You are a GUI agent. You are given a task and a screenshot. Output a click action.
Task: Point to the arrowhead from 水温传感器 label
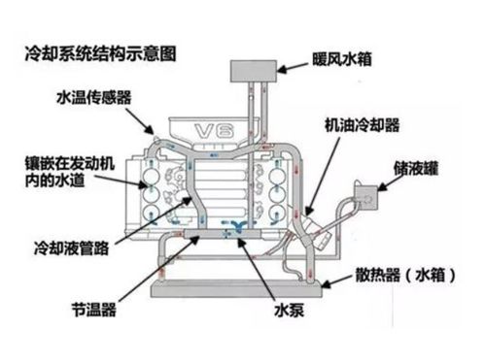153,133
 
